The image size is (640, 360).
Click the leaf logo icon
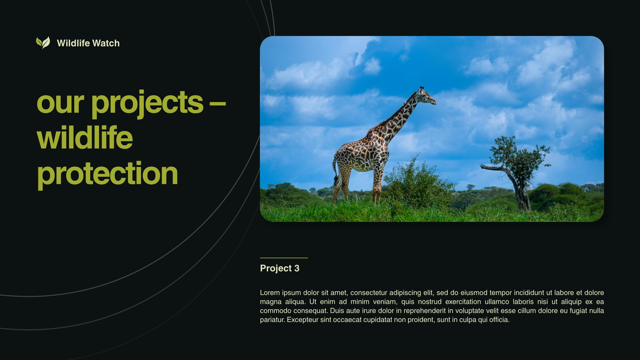(x=43, y=42)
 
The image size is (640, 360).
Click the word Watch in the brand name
(x=106, y=43)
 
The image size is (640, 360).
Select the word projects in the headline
(x=147, y=104)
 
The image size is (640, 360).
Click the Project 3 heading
(x=280, y=268)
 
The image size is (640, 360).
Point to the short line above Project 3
(x=284, y=258)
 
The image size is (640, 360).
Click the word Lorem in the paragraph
(x=270, y=292)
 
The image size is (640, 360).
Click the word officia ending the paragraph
(x=500, y=320)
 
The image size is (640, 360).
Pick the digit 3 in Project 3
(x=297, y=268)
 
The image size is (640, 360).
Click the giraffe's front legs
(x=377, y=186)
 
